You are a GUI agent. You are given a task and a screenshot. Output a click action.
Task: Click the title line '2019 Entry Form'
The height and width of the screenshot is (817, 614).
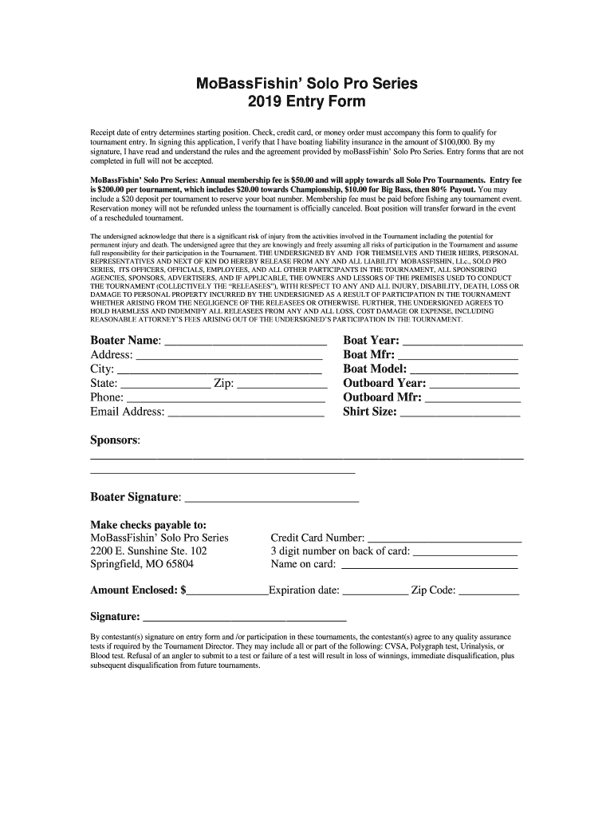point(307,102)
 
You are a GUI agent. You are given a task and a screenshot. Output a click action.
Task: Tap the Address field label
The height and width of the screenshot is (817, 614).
point(111,355)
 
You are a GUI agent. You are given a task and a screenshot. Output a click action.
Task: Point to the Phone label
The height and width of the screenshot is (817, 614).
point(107,398)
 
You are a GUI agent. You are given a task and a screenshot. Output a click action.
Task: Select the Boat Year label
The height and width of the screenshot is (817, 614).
point(371,341)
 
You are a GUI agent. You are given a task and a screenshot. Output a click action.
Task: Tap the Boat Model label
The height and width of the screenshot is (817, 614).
point(375,369)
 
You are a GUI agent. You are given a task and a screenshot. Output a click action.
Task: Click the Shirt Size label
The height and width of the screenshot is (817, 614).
point(369,412)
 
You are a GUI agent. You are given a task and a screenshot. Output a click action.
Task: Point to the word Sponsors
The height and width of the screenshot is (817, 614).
point(115,441)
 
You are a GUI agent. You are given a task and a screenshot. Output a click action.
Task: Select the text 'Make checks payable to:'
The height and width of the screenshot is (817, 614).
point(148,525)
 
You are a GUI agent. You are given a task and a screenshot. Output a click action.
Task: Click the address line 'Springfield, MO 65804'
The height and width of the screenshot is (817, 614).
point(142,565)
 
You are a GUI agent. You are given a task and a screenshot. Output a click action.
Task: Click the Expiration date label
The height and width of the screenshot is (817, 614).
point(305,591)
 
